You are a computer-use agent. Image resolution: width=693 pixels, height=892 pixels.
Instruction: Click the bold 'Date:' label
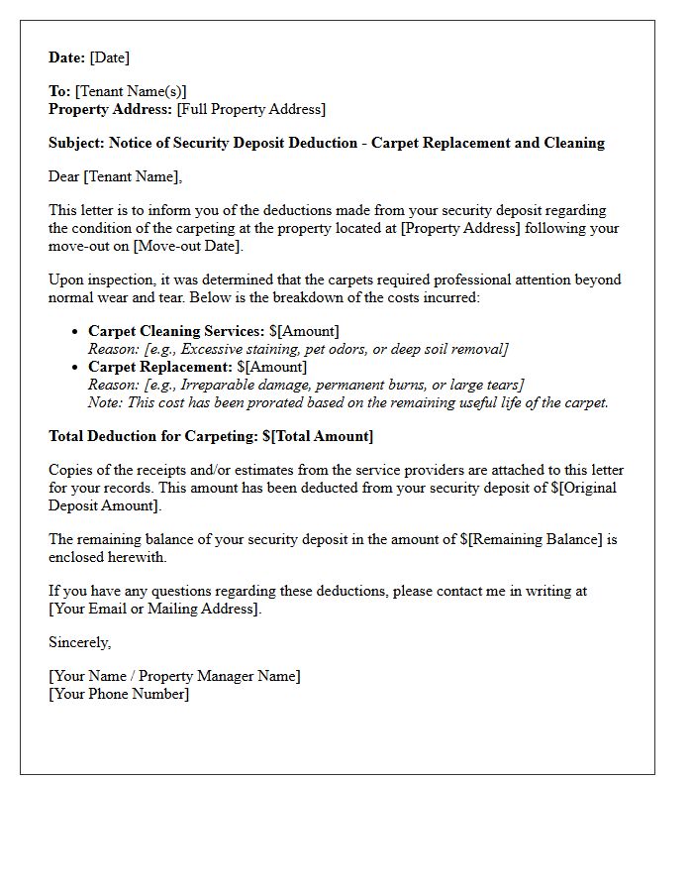(67, 58)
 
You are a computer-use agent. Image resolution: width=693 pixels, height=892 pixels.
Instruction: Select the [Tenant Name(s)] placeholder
(131, 92)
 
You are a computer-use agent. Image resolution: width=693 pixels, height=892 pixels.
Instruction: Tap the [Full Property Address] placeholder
(251, 110)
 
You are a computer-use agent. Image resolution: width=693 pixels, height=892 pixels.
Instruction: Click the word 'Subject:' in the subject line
(77, 144)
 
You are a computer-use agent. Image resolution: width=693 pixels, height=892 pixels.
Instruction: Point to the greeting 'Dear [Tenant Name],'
(116, 177)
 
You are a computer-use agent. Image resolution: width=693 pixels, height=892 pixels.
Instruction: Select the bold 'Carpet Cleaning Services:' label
(176, 331)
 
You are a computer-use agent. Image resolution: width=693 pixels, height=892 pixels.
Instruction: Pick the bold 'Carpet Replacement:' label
(159, 367)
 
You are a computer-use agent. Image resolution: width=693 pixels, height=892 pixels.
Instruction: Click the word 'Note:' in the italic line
(106, 402)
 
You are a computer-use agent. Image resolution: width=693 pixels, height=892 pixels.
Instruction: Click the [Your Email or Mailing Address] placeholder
(155, 610)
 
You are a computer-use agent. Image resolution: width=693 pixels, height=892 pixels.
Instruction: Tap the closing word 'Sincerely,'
(80, 643)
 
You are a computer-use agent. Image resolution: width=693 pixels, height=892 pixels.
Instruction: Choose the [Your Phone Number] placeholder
(119, 695)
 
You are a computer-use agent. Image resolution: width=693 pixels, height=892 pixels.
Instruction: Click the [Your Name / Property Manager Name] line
(175, 677)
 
